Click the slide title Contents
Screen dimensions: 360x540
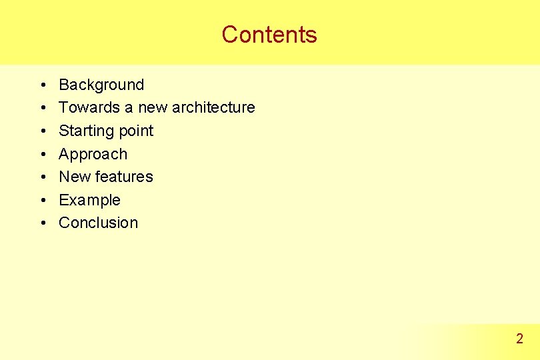coord(269,34)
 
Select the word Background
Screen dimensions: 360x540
coord(101,85)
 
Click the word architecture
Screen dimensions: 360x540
coord(213,107)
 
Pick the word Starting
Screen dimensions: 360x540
coord(84,131)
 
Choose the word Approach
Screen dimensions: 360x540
coord(93,154)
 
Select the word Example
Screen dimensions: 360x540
coord(89,200)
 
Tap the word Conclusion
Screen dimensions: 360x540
coord(98,223)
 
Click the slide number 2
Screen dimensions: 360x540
coord(519,339)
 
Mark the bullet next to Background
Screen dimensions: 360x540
coord(41,85)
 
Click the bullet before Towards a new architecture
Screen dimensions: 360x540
coord(41,108)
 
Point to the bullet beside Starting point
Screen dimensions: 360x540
coord(41,131)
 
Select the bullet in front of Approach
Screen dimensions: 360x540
coord(41,155)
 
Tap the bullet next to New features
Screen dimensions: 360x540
coord(41,177)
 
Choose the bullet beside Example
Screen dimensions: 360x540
coord(41,201)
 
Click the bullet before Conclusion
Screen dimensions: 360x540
coord(41,223)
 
